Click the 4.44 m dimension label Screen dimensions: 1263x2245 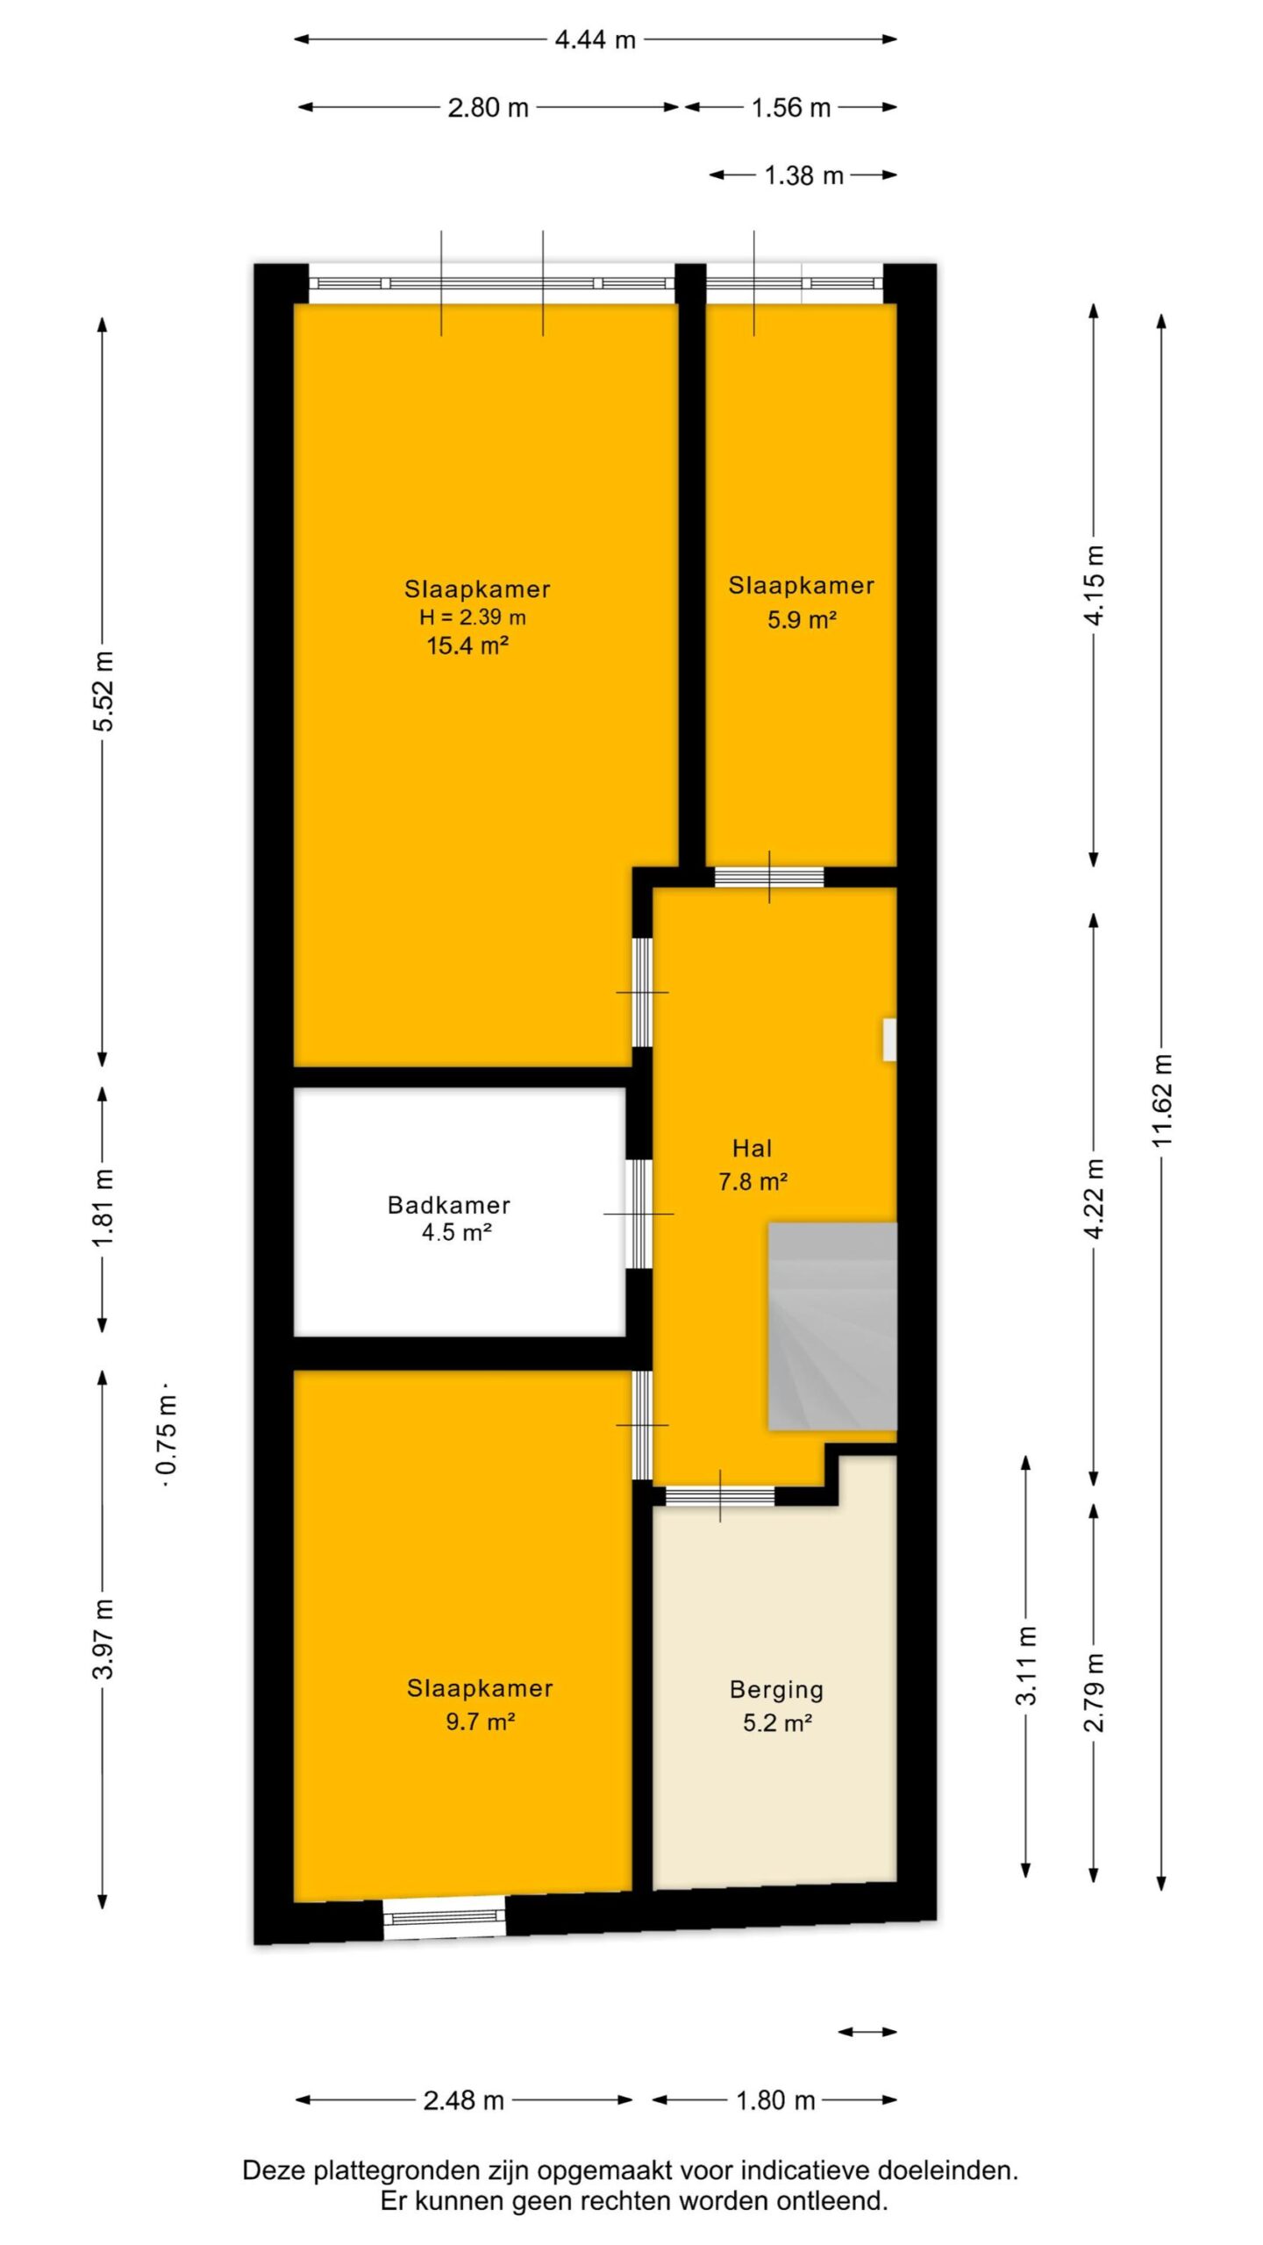pos(595,39)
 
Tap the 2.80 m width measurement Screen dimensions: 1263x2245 pos(488,107)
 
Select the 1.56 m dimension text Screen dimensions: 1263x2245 pos(790,107)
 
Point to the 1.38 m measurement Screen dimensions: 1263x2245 pos(803,175)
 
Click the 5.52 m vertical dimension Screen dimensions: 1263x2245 pos(103,691)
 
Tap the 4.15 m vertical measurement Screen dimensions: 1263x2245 pos(1094,585)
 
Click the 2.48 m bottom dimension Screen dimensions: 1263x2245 pos(463,2100)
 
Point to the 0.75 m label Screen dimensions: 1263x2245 pos(167,1443)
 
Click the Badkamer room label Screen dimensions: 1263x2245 pos(449,1205)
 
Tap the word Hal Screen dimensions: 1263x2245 pos(753,1148)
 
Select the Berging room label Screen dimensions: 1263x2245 pos(776,1689)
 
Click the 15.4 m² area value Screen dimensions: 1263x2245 pos(468,646)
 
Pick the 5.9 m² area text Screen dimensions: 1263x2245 pos(802,620)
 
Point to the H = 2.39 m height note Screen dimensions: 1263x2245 pos(473,616)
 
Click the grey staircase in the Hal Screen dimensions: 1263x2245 pos(832,1327)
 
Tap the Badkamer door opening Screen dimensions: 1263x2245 pos(639,1214)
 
